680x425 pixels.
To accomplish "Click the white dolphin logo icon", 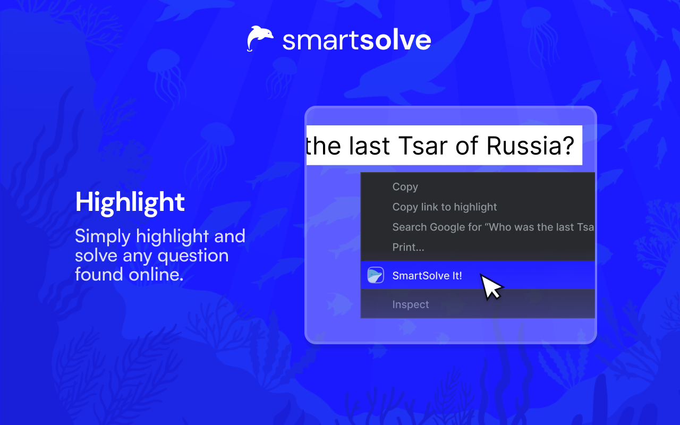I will (x=260, y=39).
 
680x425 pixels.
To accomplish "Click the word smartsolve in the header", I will (x=356, y=40).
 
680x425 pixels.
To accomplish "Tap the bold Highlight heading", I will (x=130, y=202).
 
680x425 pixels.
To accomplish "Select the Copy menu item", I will (x=405, y=187).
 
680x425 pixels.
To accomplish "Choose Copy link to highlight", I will (x=445, y=207).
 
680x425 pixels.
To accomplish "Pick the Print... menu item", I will (x=408, y=248).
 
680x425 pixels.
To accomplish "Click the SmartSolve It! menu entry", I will (x=427, y=276).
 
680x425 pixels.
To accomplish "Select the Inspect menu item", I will (x=411, y=305).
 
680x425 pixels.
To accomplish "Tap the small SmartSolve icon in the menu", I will (x=376, y=276).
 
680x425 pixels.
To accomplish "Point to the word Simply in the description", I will (x=103, y=236).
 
